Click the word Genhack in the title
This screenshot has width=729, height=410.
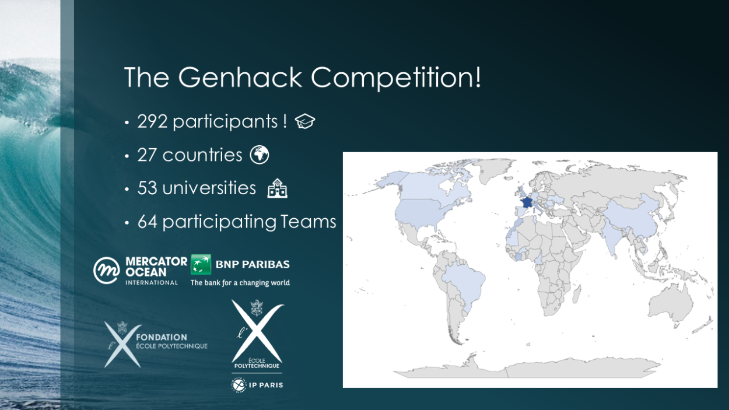pyautogui.click(x=240, y=78)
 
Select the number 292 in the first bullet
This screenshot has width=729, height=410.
pyautogui.click(x=152, y=122)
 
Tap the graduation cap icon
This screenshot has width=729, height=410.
pyautogui.click(x=305, y=121)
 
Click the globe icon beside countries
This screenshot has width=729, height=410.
pyautogui.click(x=260, y=155)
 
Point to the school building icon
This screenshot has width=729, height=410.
pyautogui.click(x=277, y=188)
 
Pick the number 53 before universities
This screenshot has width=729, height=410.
pyautogui.click(x=148, y=188)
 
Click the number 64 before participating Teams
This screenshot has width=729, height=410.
pyautogui.click(x=148, y=222)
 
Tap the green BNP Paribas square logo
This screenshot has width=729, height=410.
pyautogui.click(x=201, y=264)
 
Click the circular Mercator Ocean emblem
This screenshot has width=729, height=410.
pyautogui.click(x=106, y=271)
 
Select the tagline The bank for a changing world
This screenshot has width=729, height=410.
pyautogui.click(x=240, y=283)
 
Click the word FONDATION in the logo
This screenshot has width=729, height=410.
pyautogui.click(x=162, y=338)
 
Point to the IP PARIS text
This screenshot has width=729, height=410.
pyautogui.click(x=266, y=386)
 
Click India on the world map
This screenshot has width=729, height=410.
pyautogui.click(x=612, y=235)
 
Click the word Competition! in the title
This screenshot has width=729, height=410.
pyautogui.click(x=395, y=78)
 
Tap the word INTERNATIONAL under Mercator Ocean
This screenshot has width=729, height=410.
pyautogui.click(x=152, y=282)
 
